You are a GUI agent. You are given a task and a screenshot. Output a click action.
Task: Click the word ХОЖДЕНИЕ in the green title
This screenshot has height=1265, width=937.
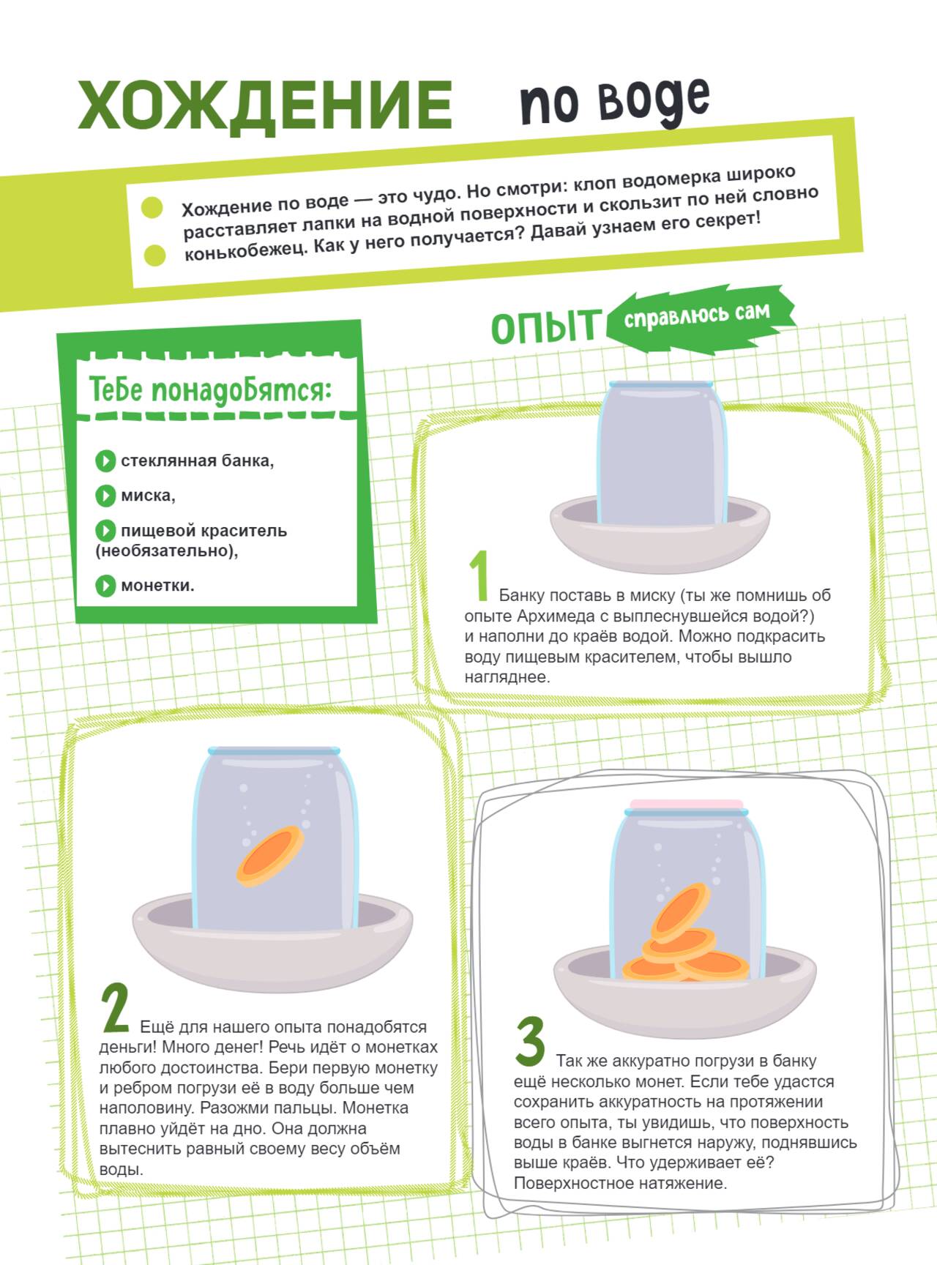pos(265,105)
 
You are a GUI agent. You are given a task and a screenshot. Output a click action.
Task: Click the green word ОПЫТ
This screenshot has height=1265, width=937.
pos(545,326)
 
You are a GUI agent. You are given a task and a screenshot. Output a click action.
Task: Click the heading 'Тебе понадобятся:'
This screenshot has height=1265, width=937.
pos(211,389)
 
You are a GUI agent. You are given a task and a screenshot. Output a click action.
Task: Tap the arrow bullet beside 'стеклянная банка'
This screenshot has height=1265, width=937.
pos(105,460)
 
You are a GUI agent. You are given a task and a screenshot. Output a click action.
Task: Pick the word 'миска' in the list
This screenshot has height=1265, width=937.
pos(148,496)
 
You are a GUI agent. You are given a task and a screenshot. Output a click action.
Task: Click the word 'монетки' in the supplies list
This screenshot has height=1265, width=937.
pos(157,586)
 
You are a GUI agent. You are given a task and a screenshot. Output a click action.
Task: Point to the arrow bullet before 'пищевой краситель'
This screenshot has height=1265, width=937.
pos(105,530)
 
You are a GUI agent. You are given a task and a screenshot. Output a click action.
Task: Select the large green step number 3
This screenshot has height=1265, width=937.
pos(530,1042)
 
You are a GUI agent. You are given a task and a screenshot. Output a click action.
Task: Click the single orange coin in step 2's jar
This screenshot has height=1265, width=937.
pos(270,856)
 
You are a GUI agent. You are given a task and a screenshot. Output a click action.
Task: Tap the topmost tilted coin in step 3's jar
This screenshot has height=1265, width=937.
pos(680,912)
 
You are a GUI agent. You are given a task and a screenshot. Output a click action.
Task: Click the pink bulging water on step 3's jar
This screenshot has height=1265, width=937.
pos(686,805)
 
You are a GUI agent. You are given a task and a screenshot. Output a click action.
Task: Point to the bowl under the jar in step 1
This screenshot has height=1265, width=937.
pos(660,534)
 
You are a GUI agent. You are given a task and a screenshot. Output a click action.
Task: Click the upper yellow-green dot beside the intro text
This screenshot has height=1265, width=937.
pos(152,207)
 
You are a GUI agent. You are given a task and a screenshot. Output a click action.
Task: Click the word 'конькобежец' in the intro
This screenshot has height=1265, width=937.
pos(244,250)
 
